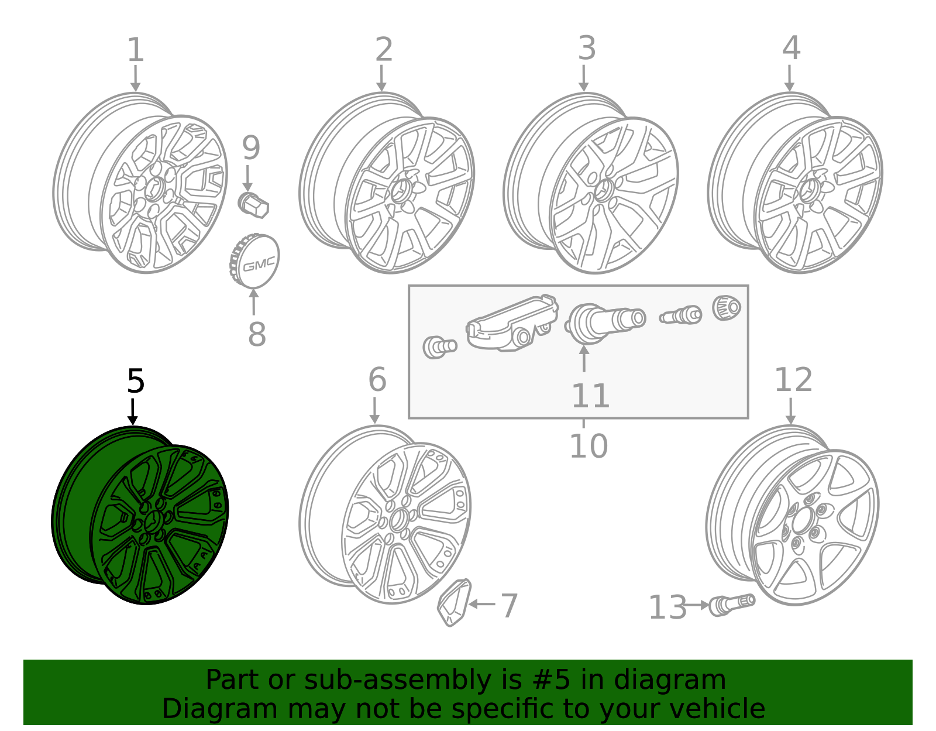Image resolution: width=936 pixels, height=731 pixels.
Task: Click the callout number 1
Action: [x=135, y=50]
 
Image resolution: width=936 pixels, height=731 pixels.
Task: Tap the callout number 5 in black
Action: [x=135, y=382]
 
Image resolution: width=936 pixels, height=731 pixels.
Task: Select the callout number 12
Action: [x=793, y=380]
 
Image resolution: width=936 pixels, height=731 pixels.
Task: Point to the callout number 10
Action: [x=588, y=447]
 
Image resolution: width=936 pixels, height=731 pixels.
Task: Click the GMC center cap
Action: [x=255, y=262]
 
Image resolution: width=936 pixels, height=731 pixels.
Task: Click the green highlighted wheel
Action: [x=140, y=515]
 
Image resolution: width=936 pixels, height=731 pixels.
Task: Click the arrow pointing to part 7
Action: [x=482, y=604]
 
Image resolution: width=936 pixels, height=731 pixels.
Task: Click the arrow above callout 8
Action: [x=253, y=301]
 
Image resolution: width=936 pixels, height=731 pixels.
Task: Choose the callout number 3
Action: [x=586, y=49]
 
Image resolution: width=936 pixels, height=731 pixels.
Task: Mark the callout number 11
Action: [x=590, y=396]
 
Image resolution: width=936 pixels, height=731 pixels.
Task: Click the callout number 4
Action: [x=791, y=49]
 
